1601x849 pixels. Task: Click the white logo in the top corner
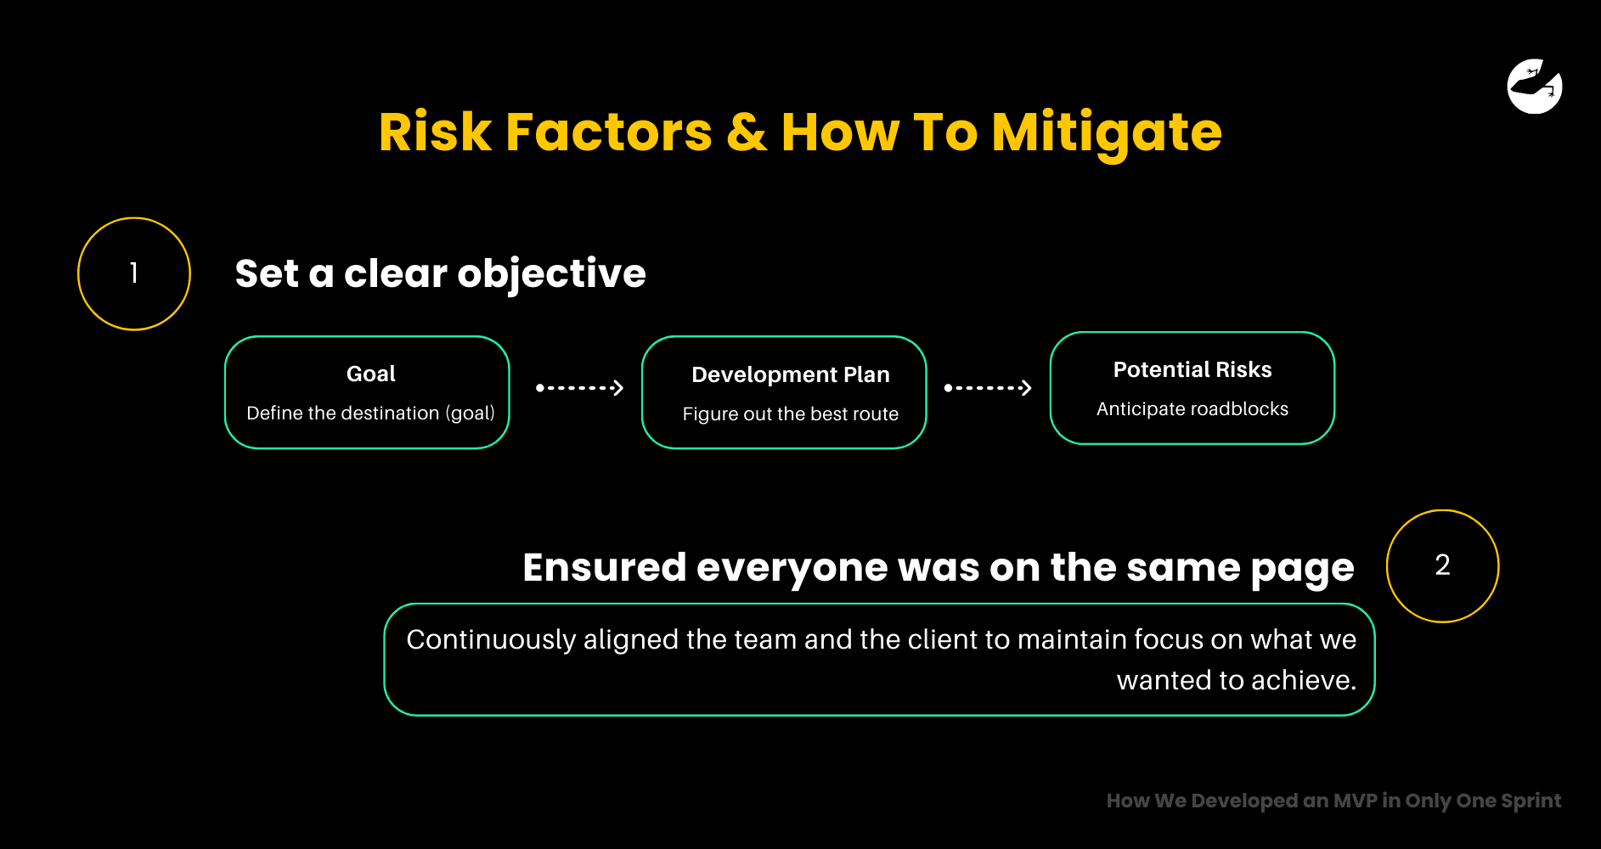point(1535,86)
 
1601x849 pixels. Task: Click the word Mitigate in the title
point(1107,133)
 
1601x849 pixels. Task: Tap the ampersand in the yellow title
point(747,132)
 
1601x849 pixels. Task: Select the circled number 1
point(134,273)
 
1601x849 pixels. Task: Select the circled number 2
point(1442,565)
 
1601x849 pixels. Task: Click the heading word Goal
point(371,374)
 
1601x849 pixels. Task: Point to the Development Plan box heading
point(791,374)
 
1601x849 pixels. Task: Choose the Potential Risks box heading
point(1192,369)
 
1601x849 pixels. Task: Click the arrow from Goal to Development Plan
point(579,388)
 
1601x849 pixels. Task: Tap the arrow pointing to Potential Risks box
point(988,388)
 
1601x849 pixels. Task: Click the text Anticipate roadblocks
point(1192,409)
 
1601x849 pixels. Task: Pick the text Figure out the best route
point(791,414)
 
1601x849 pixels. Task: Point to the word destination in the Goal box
point(392,413)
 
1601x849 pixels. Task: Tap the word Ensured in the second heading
point(605,567)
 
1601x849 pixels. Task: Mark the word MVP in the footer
point(1355,801)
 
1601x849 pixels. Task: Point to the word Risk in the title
point(435,132)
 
